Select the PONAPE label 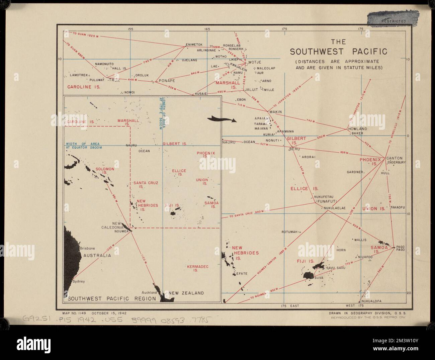click(167, 81)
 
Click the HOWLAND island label click(358, 129)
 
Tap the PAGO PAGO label click(400, 248)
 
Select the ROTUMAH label click(289, 232)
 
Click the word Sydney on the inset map click(79, 281)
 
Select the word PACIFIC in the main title click(368, 52)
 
